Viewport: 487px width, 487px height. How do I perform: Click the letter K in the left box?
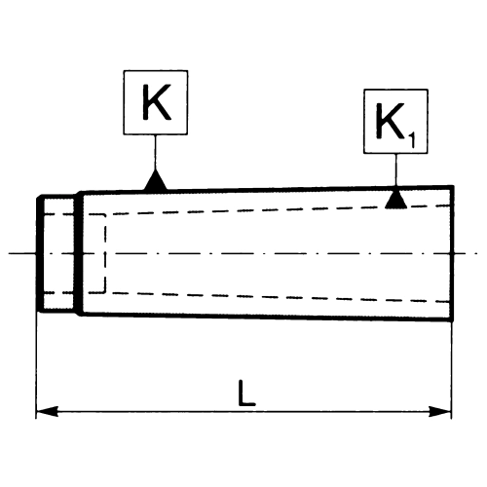point(157,102)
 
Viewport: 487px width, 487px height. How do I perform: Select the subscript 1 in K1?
point(411,141)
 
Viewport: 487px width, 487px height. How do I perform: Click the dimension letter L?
point(246,393)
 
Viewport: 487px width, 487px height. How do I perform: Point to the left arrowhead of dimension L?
point(47,411)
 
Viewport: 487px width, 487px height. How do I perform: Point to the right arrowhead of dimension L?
point(440,411)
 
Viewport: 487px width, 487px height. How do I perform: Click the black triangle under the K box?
point(156,180)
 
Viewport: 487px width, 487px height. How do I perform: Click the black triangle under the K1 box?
point(395,199)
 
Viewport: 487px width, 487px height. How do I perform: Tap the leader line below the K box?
point(155,152)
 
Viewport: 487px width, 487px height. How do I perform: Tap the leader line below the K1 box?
point(395,169)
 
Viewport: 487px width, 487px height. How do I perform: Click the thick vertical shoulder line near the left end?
point(77,253)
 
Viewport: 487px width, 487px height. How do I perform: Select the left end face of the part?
point(40,254)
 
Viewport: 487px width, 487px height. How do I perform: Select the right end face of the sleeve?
point(452,253)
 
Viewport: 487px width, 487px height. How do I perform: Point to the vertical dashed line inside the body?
point(105,253)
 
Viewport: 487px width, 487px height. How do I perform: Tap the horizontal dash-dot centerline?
point(243,253)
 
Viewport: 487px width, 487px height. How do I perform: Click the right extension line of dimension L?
point(451,369)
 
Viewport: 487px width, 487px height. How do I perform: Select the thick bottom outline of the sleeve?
point(266,318)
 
